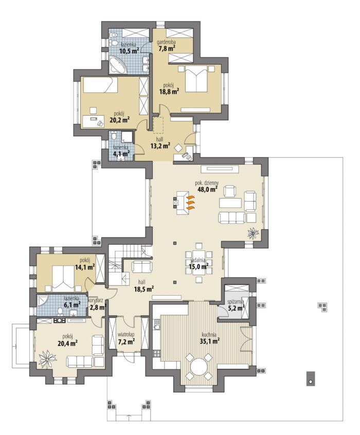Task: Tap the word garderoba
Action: click(166, 43)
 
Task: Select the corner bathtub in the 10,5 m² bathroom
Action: click(118, 65)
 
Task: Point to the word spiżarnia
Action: click(236, 301)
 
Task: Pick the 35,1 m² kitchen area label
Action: click(210, 341)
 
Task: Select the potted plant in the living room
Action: click(253, 232)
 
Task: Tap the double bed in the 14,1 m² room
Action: click(63, 278)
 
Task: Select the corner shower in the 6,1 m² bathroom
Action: click(43, 301)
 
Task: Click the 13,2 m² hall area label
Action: click(160, 146)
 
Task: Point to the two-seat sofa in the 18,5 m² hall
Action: click(142, 266)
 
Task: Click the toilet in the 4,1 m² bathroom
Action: click(113, 136)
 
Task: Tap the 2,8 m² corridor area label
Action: click(98, 307)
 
